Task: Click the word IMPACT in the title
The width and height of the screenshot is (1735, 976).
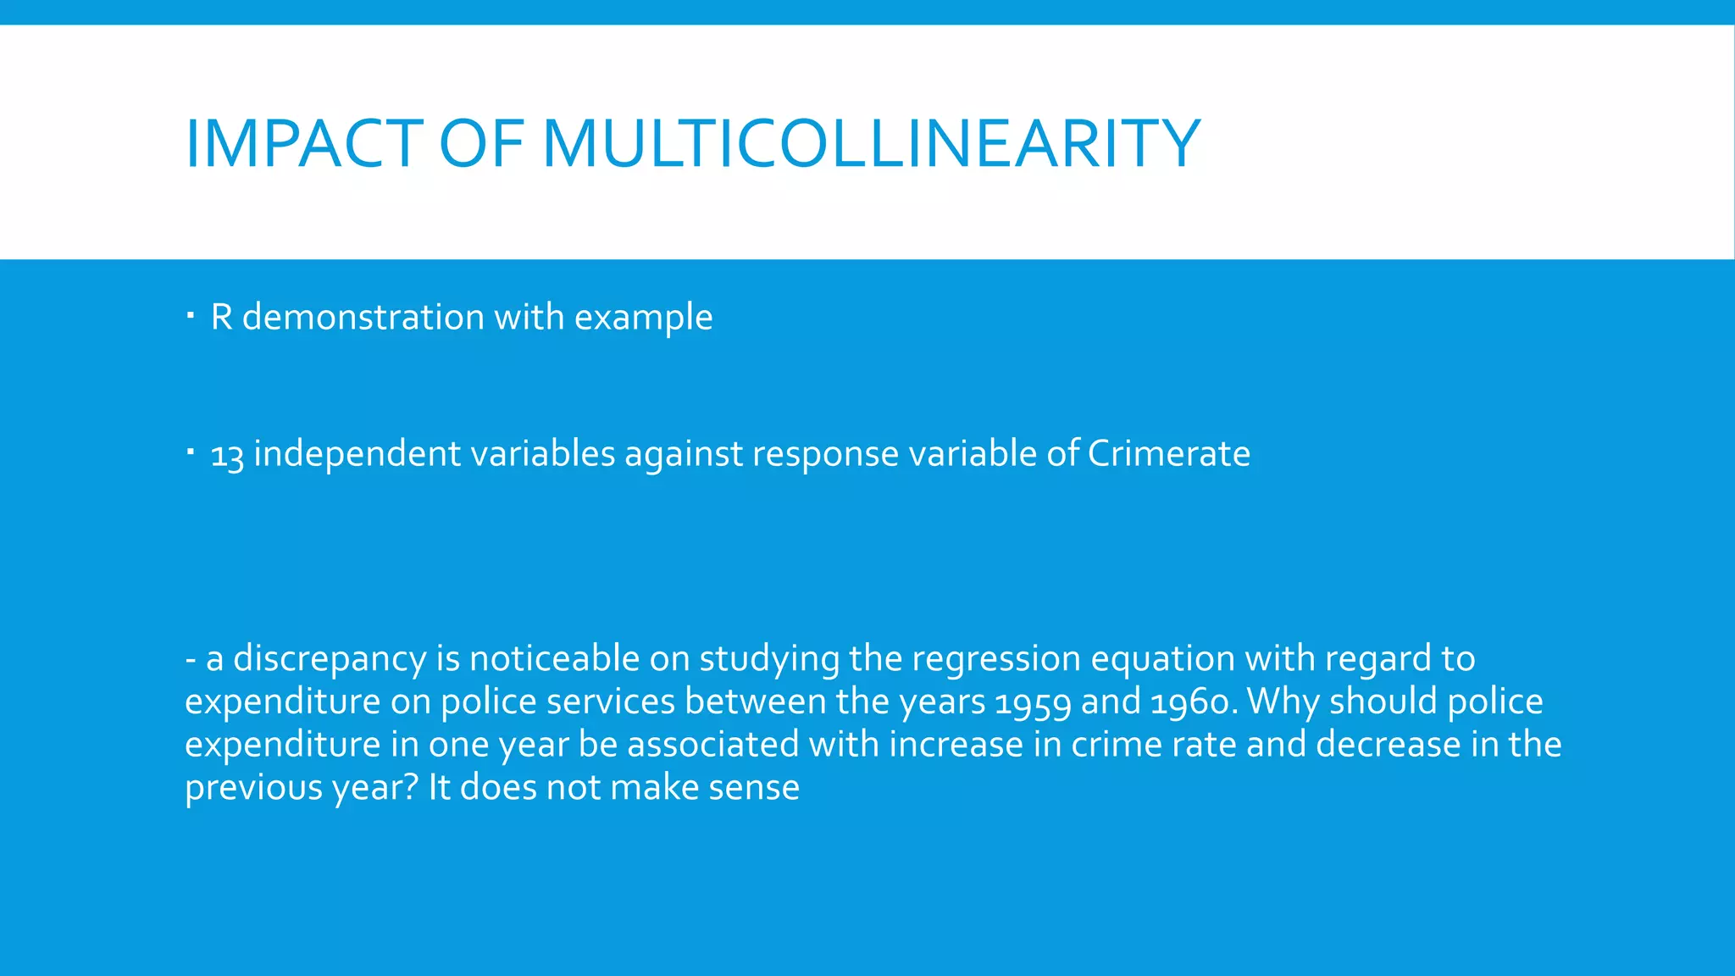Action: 303,143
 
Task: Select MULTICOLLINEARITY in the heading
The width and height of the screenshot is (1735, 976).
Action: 871,143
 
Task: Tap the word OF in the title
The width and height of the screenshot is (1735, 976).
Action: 482,143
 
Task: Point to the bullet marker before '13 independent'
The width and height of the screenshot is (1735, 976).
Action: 191,452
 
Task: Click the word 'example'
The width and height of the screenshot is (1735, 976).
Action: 643,319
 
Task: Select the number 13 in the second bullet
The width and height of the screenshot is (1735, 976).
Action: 226,455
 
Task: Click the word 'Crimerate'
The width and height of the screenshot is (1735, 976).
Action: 1168,453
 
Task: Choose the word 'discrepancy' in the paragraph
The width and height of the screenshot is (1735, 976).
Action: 330,659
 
